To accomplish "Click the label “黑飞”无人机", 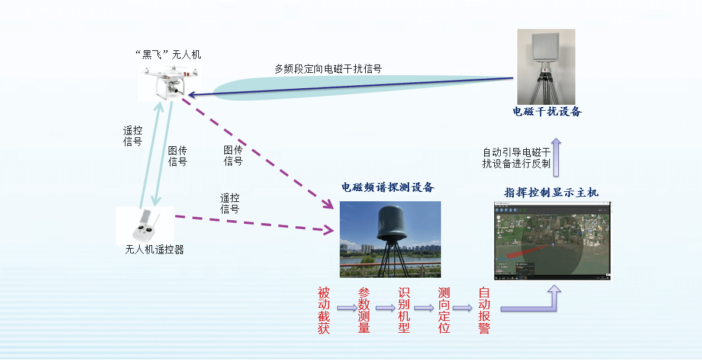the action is (168, 54).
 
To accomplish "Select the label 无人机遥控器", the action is (154, 250).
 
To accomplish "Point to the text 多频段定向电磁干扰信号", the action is (328, 69).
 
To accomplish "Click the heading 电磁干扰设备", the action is (547, 111).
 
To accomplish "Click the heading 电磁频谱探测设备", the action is (388, 187).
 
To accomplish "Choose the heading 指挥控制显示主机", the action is (551, 192).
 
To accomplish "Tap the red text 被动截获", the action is (324, 310).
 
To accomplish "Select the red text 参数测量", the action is (364, 310).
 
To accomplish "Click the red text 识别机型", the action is (404, 310).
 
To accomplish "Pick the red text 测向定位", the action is (444, 310).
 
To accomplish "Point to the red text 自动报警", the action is (484, 310).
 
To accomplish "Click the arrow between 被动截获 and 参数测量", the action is (347, 308).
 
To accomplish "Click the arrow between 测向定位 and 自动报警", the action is (462, 308).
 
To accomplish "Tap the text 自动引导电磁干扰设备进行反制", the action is (516, 158).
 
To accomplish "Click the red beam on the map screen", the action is (529, 251).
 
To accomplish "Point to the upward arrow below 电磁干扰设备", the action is (556, 157).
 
